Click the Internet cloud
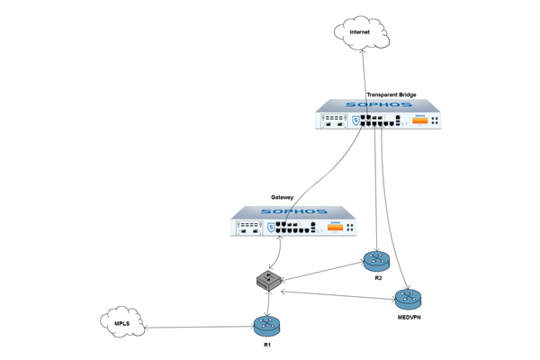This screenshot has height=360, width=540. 361,32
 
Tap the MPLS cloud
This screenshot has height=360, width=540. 122,322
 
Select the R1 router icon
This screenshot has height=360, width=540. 267,326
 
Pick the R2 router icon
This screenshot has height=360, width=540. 377,262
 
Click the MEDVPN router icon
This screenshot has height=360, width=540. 408,300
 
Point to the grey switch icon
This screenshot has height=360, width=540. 268,281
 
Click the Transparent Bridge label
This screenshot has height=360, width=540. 391,94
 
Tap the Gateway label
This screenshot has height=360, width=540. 282,197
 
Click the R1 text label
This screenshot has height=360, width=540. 267,345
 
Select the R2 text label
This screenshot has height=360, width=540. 378,278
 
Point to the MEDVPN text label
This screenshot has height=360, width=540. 409,318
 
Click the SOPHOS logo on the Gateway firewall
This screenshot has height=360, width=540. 293,211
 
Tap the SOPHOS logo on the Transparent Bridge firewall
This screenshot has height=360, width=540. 379,104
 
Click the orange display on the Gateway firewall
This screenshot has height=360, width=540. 335,227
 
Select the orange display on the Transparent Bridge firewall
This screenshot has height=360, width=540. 419,121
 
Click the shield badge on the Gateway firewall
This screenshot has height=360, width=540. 271,228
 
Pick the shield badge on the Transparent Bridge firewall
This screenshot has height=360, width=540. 355,121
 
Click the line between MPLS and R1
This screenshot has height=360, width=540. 200,327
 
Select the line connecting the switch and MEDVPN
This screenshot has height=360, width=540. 338,295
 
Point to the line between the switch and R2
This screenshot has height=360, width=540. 323,272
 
